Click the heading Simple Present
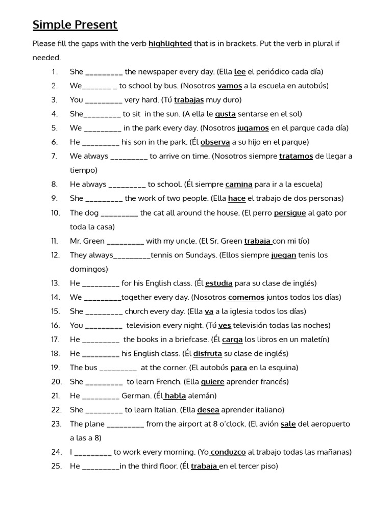pos(75,24)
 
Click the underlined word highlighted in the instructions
pos(170,44)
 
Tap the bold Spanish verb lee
pos(240,72)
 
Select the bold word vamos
pos(230,86)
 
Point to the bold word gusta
pos(225,114)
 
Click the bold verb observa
pos(216,142)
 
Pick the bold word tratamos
pos(296,156)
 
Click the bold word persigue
pos(290,213)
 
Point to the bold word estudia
pos(218,283)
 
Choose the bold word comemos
pos(247,297)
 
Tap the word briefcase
pos(191,340)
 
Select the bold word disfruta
pos(208,353)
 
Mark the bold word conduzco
pos(228,452)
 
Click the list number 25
pos(56,466)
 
